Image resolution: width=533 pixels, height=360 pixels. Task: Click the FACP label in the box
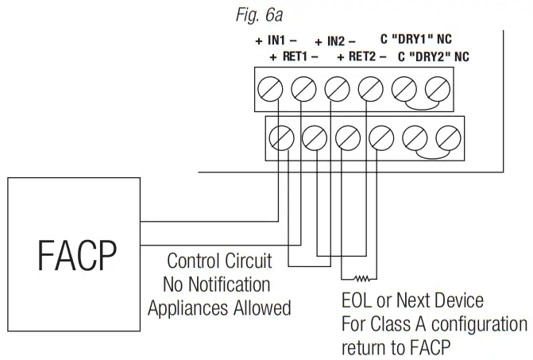pyautogui.click(x=78, y=255)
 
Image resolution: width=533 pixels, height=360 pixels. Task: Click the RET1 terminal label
pyautogui.click(x=294, y=57)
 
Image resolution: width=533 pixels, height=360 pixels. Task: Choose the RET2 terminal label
pyautogui.click(x=362, y=57)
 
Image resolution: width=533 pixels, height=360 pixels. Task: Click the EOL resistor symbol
pyautogui.click(x=362, y=278)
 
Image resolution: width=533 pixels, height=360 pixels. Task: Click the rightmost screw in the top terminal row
pyautogui.click(x=435, y=87)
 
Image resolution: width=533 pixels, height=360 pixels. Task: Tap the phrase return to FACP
pyautogui.click(x=394, y=347)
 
